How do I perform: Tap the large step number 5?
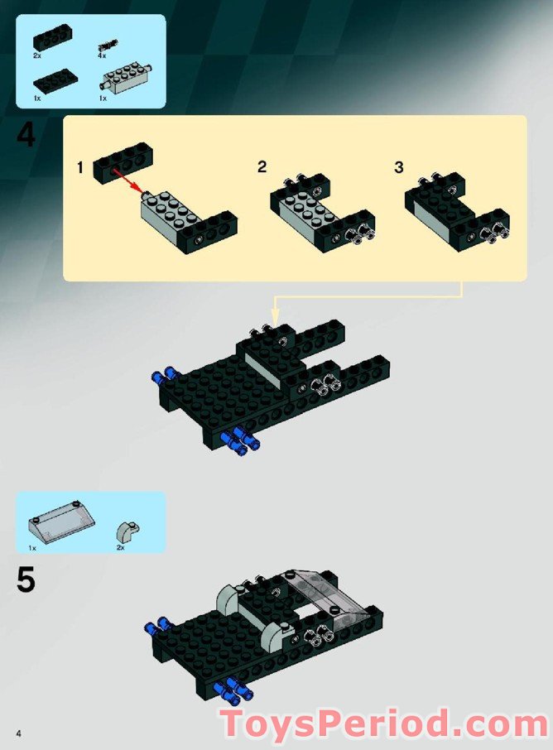click(x=26, y=579)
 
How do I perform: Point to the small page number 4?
click(x=17, y=733)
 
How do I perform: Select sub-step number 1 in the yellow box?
click(x=80, y=168)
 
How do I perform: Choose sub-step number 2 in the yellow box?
click(x=262, y=167)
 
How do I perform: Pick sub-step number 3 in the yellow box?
click(x=398, y=167)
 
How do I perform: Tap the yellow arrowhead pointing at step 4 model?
click(x=276, y=315)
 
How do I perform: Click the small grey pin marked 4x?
click(x=108, y=44)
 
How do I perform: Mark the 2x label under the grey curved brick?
click(x=121, y=547)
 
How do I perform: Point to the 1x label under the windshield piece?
click(x=32, y=547)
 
